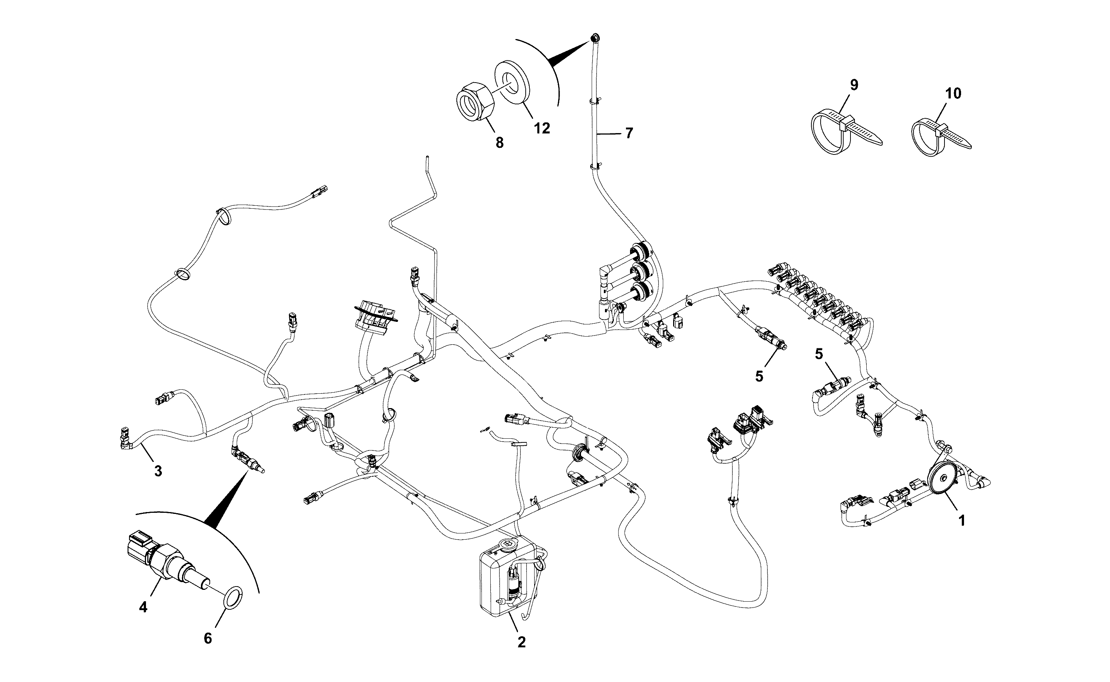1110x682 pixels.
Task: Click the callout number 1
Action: (961, 521)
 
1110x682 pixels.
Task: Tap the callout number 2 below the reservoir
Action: (521, 642)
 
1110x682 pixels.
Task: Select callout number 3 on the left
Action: (158, 472)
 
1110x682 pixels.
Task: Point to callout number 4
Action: (143, 607)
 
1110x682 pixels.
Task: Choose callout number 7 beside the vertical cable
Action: (629, 133)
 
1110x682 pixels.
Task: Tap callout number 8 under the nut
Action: (499, 143)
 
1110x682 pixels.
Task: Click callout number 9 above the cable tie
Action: (854, 85)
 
